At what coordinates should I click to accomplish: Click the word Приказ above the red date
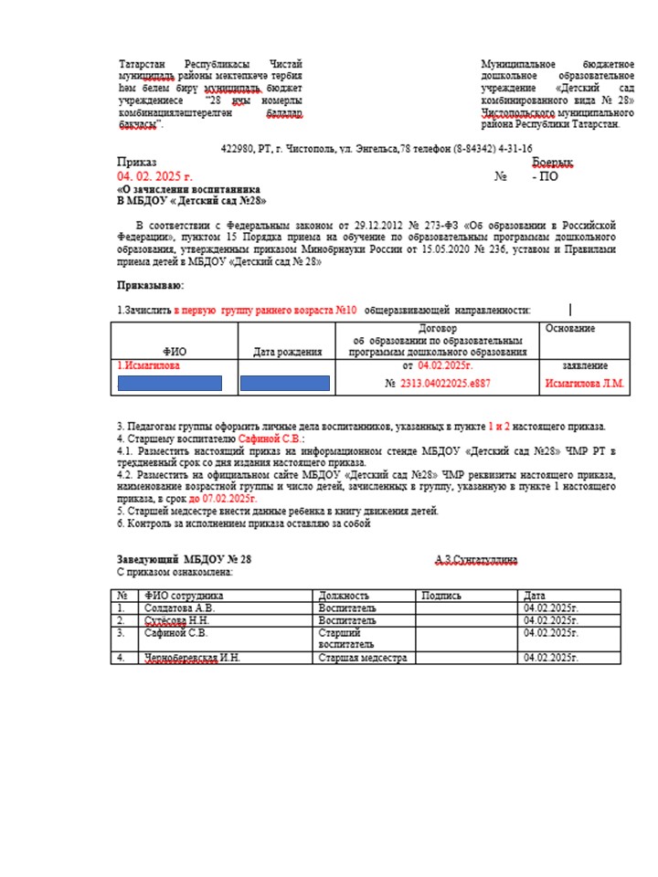coord(137,162)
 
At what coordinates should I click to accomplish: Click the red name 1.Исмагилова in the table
coord(147,365)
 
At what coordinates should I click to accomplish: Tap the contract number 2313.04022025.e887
coord(444,384)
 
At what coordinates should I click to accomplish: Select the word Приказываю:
coord(150,286)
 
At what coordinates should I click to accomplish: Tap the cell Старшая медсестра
coord(362,658)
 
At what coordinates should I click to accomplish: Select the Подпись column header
coord(441,596)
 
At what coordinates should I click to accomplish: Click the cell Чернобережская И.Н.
coord(192,658)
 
